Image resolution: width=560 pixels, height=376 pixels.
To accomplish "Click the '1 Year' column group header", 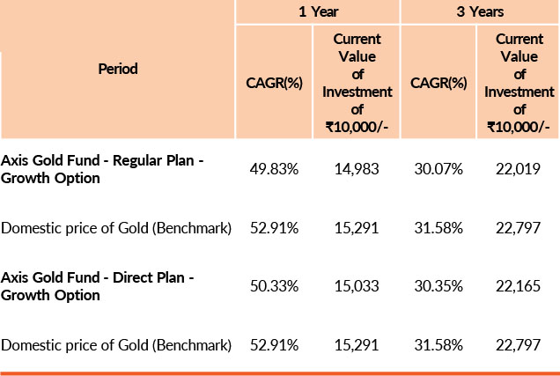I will coord(318,12).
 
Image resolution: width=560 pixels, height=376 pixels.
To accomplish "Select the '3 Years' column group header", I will coord(480,12).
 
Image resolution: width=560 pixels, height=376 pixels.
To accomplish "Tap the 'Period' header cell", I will coord(118,68).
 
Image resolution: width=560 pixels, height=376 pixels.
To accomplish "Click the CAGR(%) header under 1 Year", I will coord(273,83).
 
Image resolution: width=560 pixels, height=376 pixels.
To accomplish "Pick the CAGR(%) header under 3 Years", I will coord(438,83).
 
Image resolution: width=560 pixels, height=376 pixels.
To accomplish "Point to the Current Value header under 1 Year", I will coord(356,83).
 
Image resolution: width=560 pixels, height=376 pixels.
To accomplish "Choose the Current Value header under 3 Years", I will coord(519,83).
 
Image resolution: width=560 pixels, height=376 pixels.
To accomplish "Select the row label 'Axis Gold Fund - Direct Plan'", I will coord(98,286).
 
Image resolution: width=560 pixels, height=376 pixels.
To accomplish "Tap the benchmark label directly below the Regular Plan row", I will coord(116,228).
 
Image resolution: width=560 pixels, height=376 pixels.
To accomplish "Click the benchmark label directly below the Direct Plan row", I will coord(116,344).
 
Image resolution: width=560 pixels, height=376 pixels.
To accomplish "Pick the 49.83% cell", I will coord(274,169).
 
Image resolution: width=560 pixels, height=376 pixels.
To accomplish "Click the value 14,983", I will coord(356,169).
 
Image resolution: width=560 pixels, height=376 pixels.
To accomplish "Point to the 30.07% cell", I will coord(438,169).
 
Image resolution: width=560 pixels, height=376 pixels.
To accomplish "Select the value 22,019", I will coord(519,169).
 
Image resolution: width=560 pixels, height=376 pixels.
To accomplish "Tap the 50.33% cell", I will coord(274,286).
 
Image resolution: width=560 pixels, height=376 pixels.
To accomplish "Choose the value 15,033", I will coord(356,286).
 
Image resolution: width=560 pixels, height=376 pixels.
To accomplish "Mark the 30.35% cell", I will coord(438,286).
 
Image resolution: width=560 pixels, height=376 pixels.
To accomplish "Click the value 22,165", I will coord(519,286).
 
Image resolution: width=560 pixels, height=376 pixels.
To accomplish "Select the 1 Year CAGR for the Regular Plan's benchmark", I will coord(274,228).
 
